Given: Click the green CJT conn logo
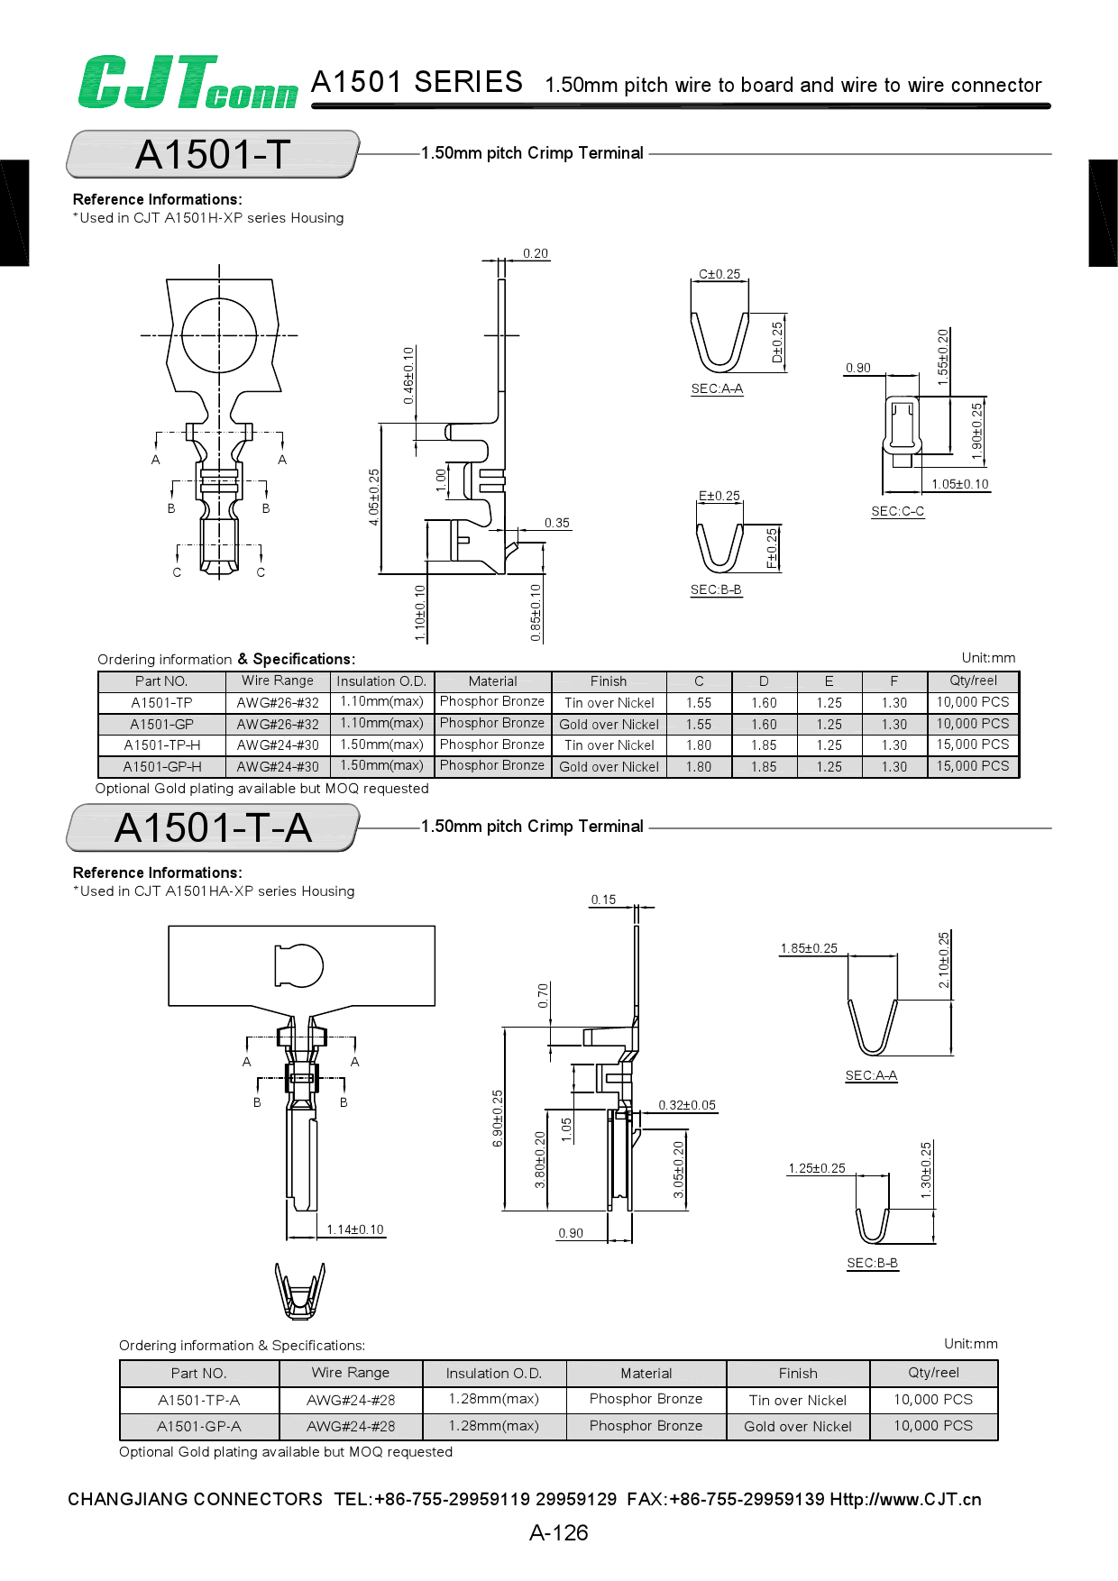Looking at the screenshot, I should (187, 83).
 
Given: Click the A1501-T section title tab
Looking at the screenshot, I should (213, 154).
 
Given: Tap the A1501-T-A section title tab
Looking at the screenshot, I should (213, 827).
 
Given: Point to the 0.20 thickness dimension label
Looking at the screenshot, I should (536, 253).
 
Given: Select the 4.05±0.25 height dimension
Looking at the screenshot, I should (374, 497).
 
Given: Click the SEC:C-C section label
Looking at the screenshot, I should (897, 511).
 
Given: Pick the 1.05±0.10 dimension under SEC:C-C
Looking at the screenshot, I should (959, 484).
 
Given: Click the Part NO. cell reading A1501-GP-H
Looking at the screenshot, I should (162, 767).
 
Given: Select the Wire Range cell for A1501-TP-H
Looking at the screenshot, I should (278, 745).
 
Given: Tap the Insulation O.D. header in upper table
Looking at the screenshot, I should (381, 681).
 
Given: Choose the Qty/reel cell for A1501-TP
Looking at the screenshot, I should (972, 702).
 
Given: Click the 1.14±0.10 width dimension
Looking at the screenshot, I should (354, 1229).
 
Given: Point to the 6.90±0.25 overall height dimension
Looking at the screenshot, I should (498, 1118).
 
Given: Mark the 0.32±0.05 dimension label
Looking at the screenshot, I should (687, 1105).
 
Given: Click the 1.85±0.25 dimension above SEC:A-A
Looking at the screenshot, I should (809, 948).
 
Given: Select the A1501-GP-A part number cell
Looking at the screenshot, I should (199, 1427).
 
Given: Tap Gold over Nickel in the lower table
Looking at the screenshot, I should (797, 1427).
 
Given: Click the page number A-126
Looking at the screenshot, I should (559, 1532).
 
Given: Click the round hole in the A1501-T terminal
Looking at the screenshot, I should (219, 335).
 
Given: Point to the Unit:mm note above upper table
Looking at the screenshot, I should (988, 658).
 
